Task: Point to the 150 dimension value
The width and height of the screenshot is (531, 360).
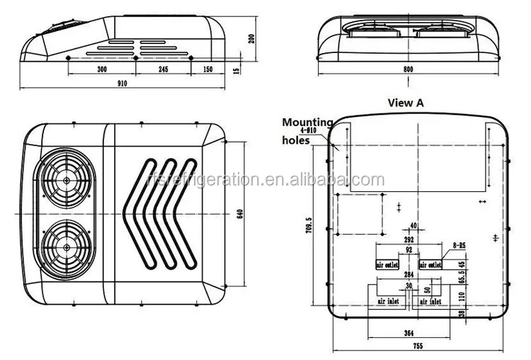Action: tap(208, 70)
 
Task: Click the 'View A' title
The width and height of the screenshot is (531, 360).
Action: tap(406, 102)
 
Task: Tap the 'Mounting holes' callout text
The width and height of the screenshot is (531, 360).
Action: tap(306, 131)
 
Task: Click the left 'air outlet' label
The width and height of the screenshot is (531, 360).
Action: tap(389, 264)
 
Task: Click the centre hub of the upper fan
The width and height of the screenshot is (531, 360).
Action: tap(66, 181)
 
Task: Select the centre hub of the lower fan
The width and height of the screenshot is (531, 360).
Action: tap(66, 247)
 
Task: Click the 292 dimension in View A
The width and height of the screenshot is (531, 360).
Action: tap(409, 240)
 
